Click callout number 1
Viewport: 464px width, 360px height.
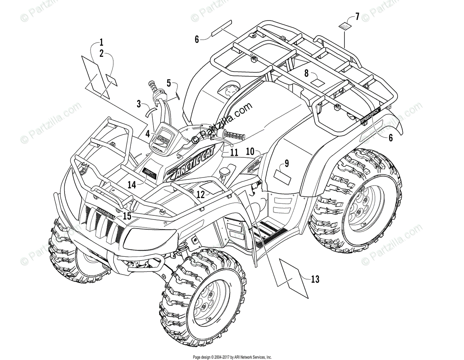(101, 42)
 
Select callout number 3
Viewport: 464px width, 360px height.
(139, 103)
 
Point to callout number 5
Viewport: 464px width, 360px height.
(169, 83)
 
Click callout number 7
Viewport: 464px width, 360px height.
(357, 16)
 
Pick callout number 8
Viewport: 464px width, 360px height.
(306, 73)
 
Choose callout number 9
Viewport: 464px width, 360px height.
(287, 163)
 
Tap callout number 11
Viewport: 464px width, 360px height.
(233, 152)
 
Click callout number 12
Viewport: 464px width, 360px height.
(200, 195)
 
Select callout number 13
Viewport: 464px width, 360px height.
(315, 279)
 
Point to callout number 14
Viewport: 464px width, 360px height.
(132, 185)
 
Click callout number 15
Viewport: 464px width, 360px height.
(127, 216)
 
